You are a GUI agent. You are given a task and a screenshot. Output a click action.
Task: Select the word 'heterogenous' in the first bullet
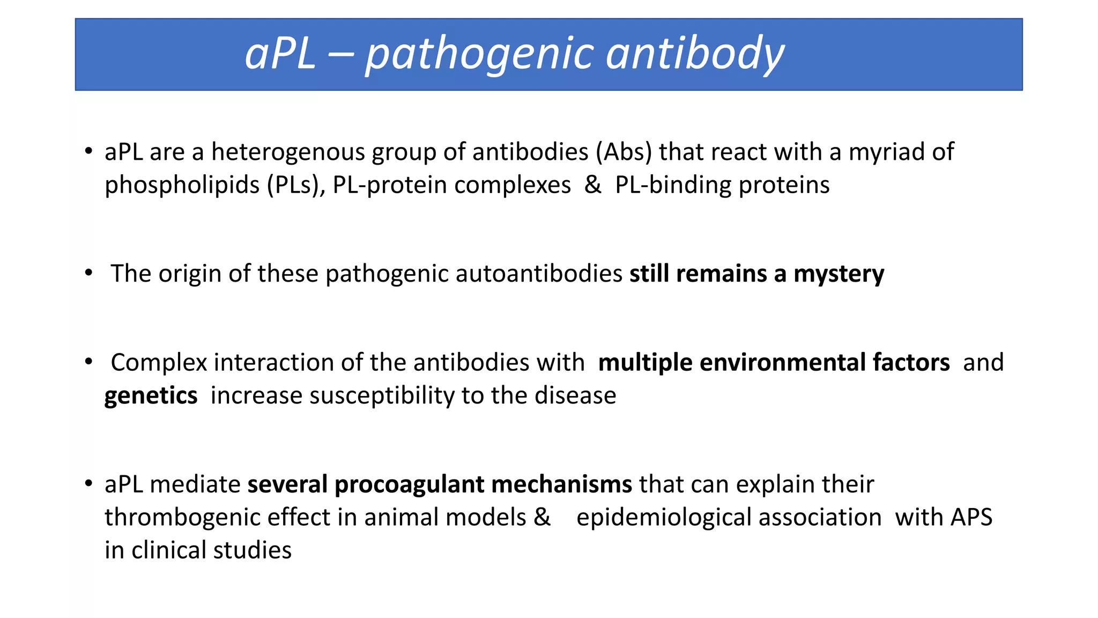[x=288, y=152]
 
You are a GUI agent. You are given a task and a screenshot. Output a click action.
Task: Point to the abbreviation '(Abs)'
[x=624, y=152]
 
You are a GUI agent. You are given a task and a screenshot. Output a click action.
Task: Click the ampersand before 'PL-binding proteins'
[x=592, y=185]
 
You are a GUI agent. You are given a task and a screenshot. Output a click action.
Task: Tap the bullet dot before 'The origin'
[x=88, y=273]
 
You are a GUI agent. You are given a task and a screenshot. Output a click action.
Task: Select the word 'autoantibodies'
[x=539, y=274]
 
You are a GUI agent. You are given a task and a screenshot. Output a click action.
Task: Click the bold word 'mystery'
[x=839, y=274]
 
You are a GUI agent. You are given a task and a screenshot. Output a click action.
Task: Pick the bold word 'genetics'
[x=151, y=396]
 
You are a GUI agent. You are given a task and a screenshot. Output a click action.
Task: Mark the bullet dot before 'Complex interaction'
[x=88, y=362]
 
